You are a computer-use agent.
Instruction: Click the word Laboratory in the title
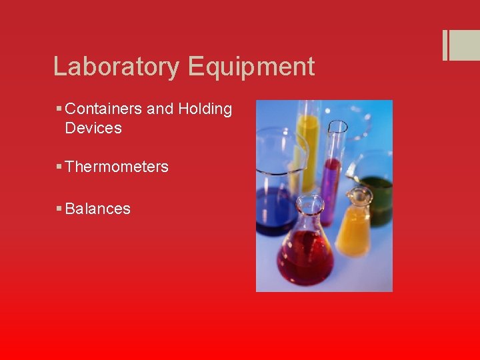click(117, 67)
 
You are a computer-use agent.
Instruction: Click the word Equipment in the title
click(251, 67)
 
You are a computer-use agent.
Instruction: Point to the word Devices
click(93, 128)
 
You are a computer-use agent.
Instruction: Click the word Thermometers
click(117, 167)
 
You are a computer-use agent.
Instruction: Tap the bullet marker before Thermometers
click(59, 167)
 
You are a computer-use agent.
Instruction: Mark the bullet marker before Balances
click(59, 209)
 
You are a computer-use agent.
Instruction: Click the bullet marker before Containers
click(59, 109)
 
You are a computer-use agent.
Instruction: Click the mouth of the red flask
click(308, 200)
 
